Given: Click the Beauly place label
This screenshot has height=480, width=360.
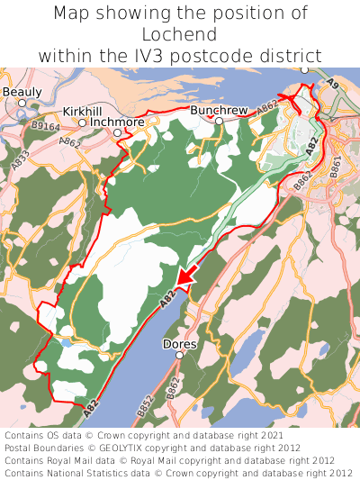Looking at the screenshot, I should [22, 92].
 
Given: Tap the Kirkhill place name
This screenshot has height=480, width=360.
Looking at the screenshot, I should [82, 111].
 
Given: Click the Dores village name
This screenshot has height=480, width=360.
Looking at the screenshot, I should [179, 344].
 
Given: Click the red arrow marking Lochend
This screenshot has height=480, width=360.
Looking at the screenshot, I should [184, 278].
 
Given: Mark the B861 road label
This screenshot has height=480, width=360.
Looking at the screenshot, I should [335, 166].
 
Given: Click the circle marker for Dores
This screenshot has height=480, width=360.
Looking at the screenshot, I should [179, 356].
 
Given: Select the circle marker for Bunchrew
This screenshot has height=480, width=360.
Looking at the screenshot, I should [219, 120].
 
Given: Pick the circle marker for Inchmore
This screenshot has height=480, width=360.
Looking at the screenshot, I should [117, 132].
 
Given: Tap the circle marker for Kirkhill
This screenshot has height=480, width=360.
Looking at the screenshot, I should [82, 122].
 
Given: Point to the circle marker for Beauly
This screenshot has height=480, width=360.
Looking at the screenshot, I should [22, 103].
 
